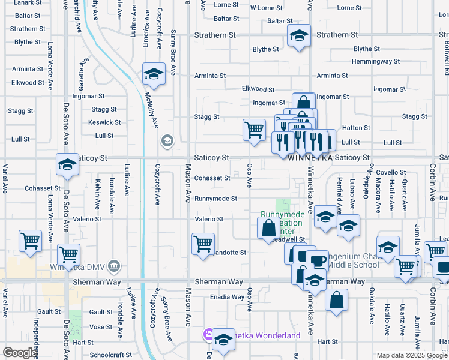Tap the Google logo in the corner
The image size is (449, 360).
(x=20, y=353)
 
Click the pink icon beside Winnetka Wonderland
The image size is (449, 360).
(x=208, y=334)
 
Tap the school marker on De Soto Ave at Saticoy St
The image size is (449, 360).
(x=68, y=164)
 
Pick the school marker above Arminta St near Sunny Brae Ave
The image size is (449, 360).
(x=154, y=74)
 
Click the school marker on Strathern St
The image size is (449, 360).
(x=299, y=35)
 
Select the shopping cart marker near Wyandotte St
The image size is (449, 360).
(x=203, y=243)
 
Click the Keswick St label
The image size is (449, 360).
(x=104, y=122)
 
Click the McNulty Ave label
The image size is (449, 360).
(x=151, y=109)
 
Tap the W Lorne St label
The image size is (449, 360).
(x=266, y=8)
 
